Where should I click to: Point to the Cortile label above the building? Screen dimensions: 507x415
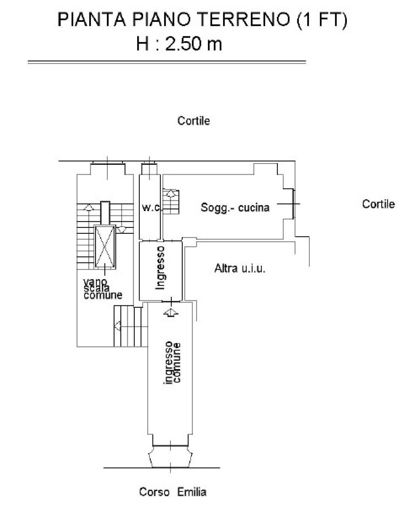tap(193, 121)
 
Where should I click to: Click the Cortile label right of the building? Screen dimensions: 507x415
tap(378, 204)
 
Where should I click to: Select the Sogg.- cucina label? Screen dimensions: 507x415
tap(235, 207)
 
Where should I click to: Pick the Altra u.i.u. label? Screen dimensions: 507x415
tap(240, 269)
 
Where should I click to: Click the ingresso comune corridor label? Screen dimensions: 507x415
tap(172, 362)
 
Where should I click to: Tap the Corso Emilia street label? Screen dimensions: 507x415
tap(172, 492)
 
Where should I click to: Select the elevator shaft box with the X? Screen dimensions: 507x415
tap(105, 246)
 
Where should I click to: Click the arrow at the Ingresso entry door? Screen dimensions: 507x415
tap(170, 313)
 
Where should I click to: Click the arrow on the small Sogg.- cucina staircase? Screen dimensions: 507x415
tap(171, 194)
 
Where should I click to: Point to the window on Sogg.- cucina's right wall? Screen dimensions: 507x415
tap(293, 204)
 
